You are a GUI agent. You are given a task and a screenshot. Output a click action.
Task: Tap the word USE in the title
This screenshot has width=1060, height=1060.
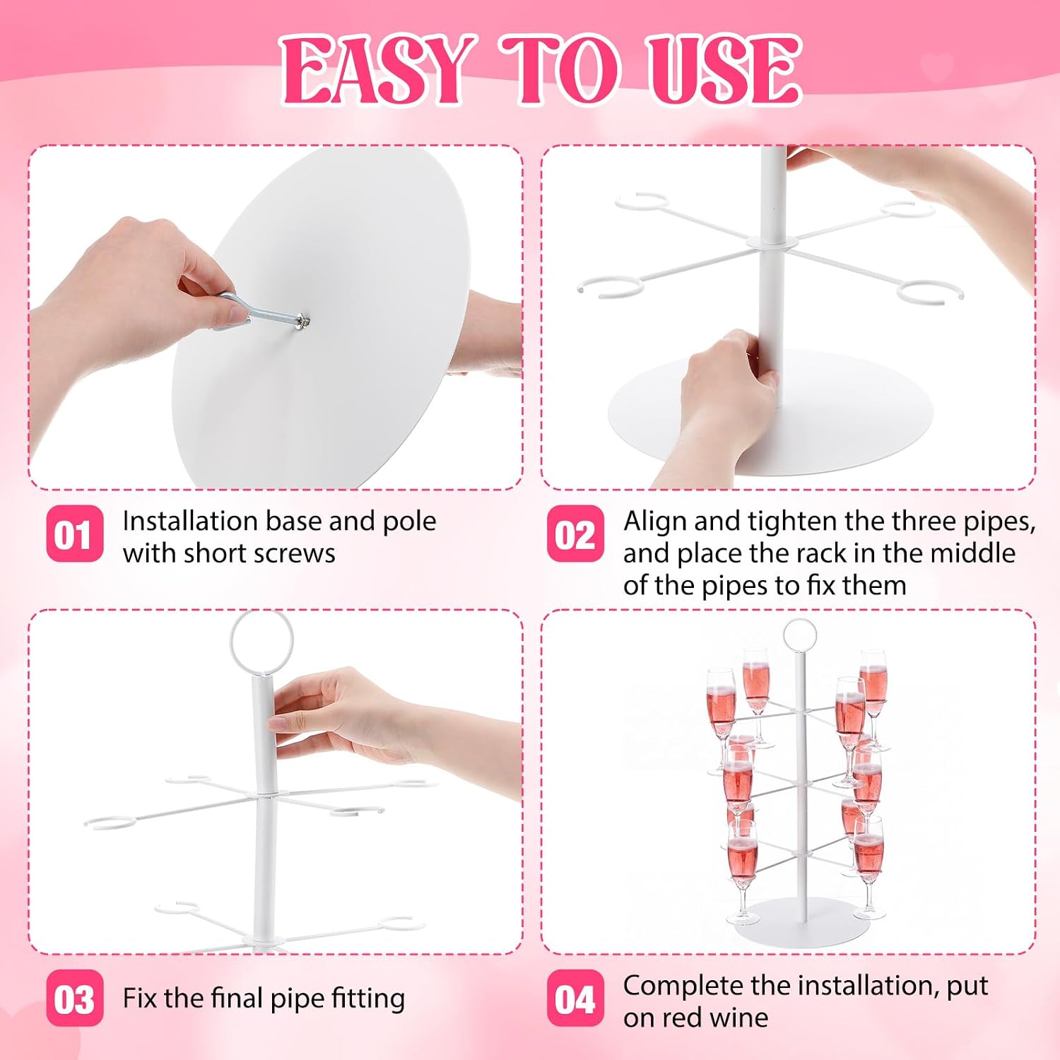[725, 70]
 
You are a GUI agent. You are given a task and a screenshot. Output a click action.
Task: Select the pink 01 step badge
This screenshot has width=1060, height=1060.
[74, 534]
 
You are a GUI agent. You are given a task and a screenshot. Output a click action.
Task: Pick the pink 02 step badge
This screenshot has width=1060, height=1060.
[575, 534]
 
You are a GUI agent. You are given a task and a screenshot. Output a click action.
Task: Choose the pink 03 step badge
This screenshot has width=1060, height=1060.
[74, 998]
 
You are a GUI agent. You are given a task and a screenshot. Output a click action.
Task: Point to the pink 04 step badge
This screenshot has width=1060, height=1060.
[575, 998]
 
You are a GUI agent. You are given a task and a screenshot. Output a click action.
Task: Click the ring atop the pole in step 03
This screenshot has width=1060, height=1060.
[261, 613]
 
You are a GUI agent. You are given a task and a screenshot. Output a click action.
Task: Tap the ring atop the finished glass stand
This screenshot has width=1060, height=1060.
[799, 622]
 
